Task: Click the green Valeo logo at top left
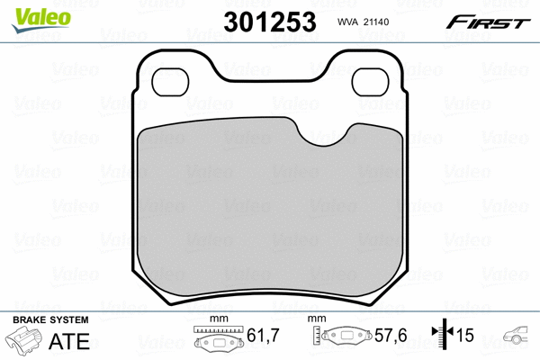41,20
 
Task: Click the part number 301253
270,22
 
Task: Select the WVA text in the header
347,22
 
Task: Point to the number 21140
376,22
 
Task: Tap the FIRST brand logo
488,22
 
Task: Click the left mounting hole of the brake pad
170,82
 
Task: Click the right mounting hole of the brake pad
370,82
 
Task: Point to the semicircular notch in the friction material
324,135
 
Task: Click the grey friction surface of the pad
270,213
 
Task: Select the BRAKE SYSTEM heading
50,320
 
